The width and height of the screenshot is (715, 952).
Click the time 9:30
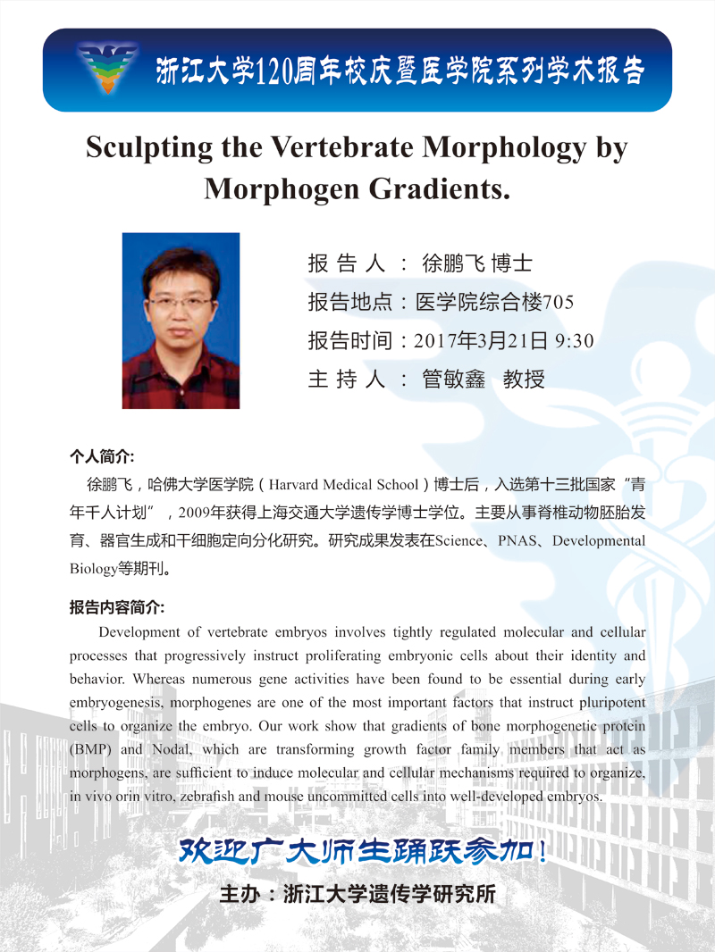pos(575,341)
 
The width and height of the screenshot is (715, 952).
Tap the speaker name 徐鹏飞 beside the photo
pos(453,263)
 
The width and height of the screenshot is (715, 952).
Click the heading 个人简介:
pos(102,456)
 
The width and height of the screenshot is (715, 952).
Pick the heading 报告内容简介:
pos(117,606)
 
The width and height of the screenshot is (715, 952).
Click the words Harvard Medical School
pos(343,485)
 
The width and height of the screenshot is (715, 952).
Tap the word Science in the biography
pos(458,541)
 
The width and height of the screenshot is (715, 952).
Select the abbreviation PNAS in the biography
pos(518,541)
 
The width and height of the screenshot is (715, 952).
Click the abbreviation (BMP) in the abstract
pos(89,750)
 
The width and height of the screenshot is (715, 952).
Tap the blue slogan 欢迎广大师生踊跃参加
pos(362,848)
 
